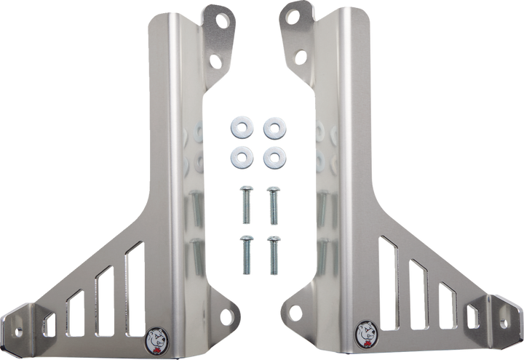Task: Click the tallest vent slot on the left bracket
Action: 133,291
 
